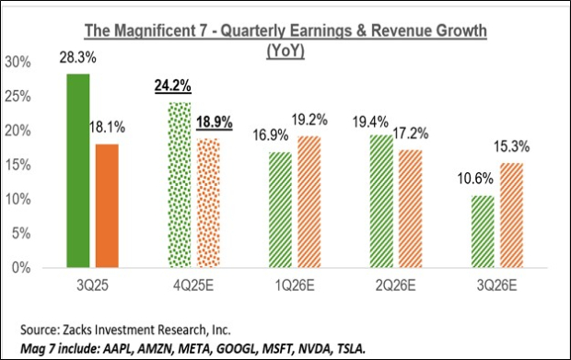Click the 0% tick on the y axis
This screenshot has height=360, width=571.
click(x=23, y=268)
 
